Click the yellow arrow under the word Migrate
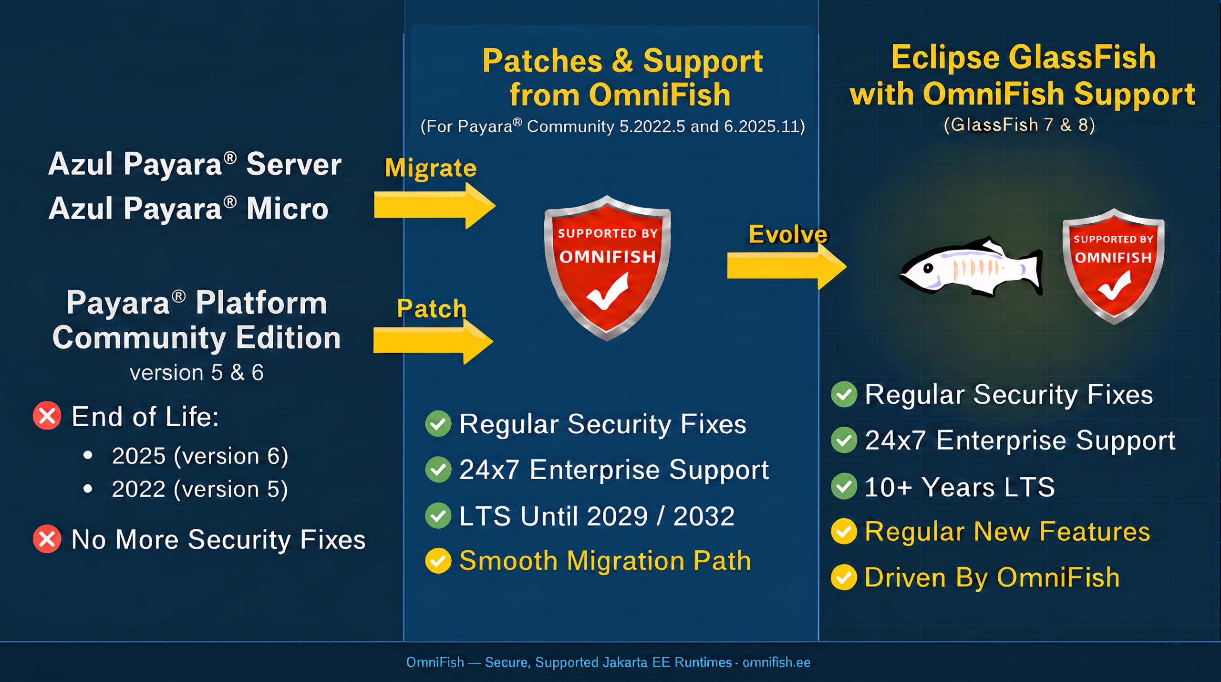[434, 206]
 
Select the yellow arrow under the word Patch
[433, 341]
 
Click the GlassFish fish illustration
[971, 268]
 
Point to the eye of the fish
[928, 268]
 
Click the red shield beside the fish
[1114, 266]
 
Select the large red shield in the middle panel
[607, 268]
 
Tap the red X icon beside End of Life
[47, 416]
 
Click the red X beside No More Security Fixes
[47, 539]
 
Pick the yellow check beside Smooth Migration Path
[438, 560]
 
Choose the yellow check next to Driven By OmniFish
[844, 577]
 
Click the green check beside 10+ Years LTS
[844, 486]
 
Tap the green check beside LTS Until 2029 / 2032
[438, 515]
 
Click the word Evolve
[788, 234]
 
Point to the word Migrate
[431, 168]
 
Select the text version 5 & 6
[197, 372]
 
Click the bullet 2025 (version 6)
[200, 456]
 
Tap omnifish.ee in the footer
[776, 662]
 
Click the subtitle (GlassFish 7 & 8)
[1019, 125]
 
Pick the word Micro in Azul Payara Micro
[287, 209]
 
